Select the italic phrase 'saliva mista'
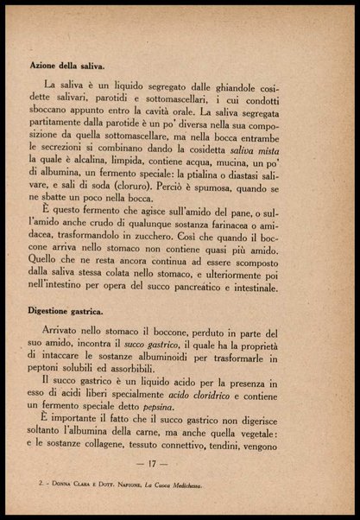(281, 152)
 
